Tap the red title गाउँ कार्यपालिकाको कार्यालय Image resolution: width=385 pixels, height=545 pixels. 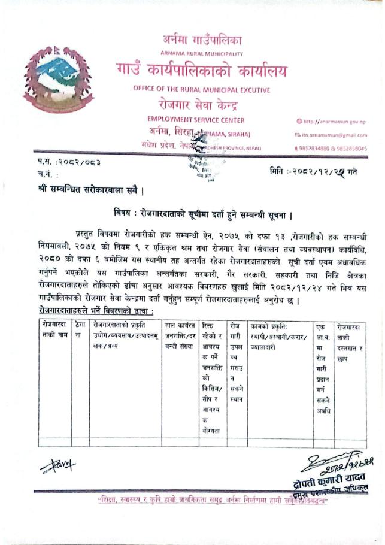coord(202,73)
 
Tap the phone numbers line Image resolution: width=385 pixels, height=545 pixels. coord(335,148)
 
